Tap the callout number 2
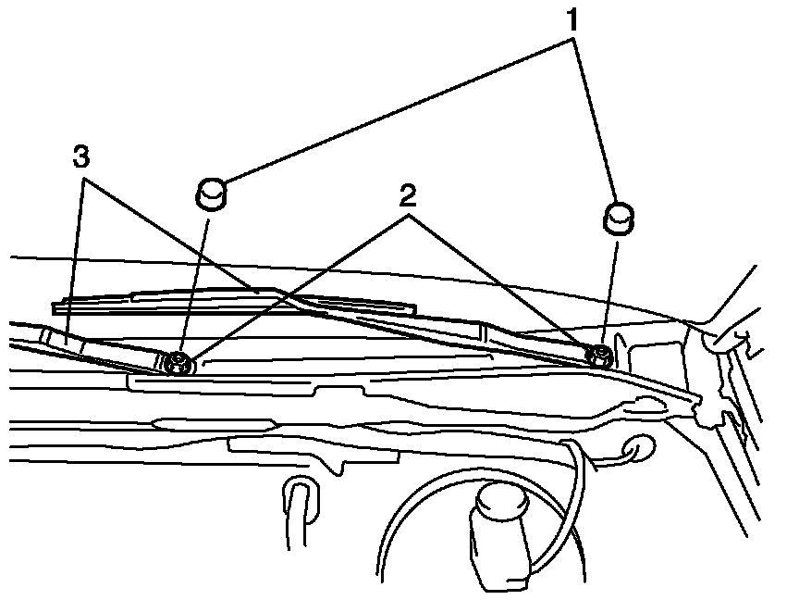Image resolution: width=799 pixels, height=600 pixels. pyautogui.click(x=408, y=195)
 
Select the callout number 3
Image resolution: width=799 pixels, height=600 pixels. pyautogui.click(x=81, y=157)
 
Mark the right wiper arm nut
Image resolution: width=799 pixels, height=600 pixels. pyautogui.click(x=600, y=353)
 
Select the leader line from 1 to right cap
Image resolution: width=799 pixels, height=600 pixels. pyautogui.click(x=596, y=111)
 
